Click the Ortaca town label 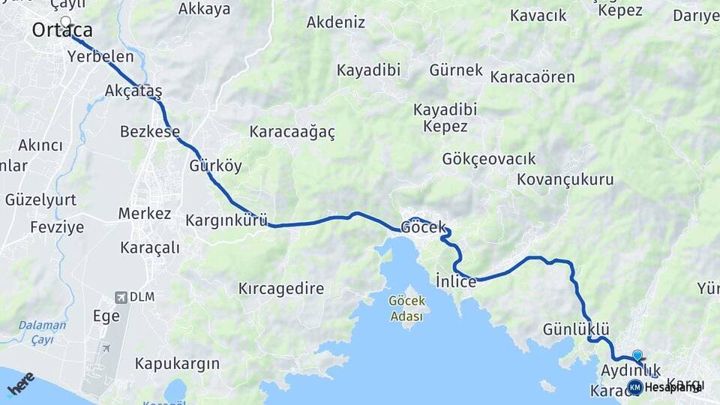click(x=63, y=31)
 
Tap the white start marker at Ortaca click(x=65, y=22)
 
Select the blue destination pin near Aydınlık click(x=637, y=355)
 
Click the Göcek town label click(x=424, y=226)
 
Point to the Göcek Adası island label click(x=407, y=308)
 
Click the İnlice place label click(x=456, y=282)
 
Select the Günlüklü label click(x=576, y=329)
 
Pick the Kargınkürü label click(x=226, y=220)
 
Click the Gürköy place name click(x=216, y=166)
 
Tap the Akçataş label click(x=133, y=91)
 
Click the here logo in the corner click(x=20, y=383)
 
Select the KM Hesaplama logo click(x=664, y=387)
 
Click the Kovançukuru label click(x=565, y=180)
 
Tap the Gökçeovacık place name click(x=489, y=159)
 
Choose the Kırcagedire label click(x=281, y=288)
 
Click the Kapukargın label click(x=177, y=364)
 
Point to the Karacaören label click(x=532, y=77)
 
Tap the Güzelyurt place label click(x=40, y=200)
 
